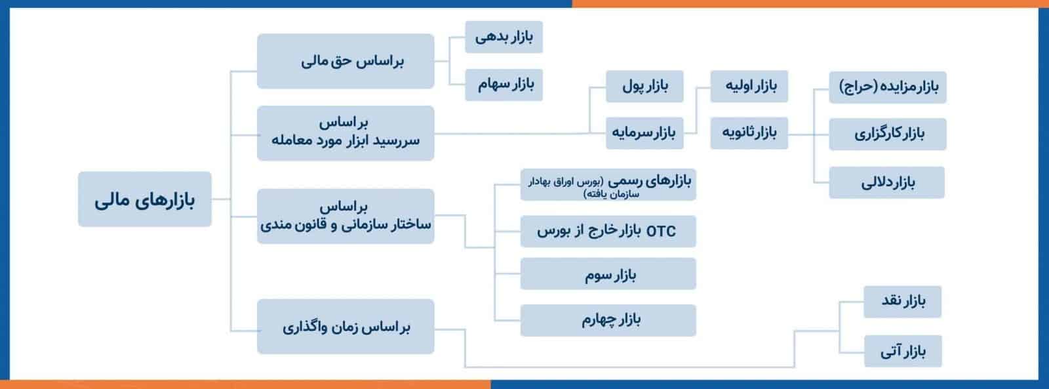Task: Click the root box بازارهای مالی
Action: pos(145,199)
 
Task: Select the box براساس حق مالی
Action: pos(346,61)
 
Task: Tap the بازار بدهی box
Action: pos(504,37)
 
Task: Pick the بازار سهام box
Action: pos(504,85)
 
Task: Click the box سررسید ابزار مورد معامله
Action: pos(346,133)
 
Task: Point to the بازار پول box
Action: pos(645,86)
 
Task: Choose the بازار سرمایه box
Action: pos(645,133)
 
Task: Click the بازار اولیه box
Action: pos(749,86)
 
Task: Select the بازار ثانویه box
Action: pos(749,133)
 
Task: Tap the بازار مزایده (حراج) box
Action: pos(888,87)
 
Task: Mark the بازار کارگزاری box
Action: pos(888,134)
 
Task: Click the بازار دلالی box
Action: pos(887,182)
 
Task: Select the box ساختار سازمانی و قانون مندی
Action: pos(346,216)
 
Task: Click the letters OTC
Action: pos(661,231)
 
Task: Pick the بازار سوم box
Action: pos(608,274)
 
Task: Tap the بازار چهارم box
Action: pos(608,321)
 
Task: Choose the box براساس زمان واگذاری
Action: pos(346,327)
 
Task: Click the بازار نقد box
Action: pos(902,302)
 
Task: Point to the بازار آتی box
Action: pos(903,351)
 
